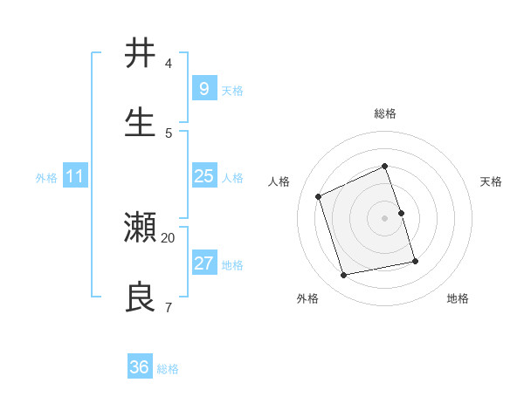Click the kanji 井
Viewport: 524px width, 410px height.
click(140, 54)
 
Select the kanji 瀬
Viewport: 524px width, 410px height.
click(140, 228)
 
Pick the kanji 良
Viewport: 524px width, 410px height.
click(140, 297)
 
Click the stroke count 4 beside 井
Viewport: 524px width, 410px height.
click(169, 64)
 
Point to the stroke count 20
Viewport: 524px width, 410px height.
click(169, 237)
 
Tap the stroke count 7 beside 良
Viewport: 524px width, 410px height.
click(169, 307)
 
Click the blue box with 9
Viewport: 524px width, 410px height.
click(203, 89)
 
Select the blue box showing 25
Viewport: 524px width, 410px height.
click(203, 176)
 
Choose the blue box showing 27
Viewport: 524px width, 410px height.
click(203, 263)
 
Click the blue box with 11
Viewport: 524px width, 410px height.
click(75, 176)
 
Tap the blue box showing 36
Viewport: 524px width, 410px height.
click(140, 367)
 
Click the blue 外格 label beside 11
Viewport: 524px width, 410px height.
click(46, 178)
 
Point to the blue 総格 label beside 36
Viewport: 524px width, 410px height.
click(168, 369)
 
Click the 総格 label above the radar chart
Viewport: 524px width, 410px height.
click(385, 113)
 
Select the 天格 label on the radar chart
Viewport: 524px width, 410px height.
click(492, 181)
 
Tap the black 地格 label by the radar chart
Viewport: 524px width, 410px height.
click(458, 298)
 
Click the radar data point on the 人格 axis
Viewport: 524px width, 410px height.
click(319, 196)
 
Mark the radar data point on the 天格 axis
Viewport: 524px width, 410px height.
click(401, 213)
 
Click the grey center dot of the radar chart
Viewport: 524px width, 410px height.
click(385, 218)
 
